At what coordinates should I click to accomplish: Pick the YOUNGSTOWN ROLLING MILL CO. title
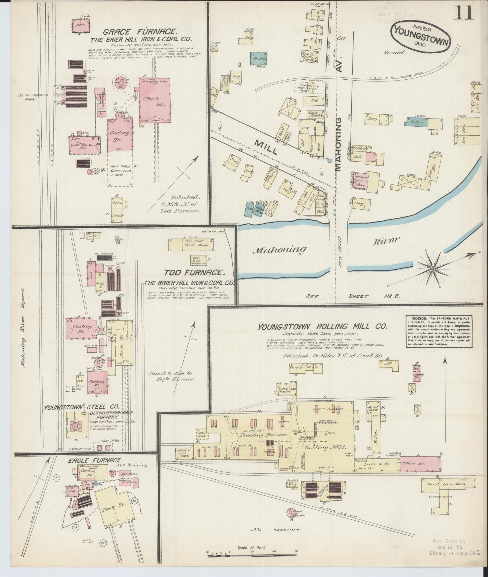pyautogui.click(x=323, y=327)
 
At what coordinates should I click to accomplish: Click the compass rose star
pyautogui.click(x=433, y=269)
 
